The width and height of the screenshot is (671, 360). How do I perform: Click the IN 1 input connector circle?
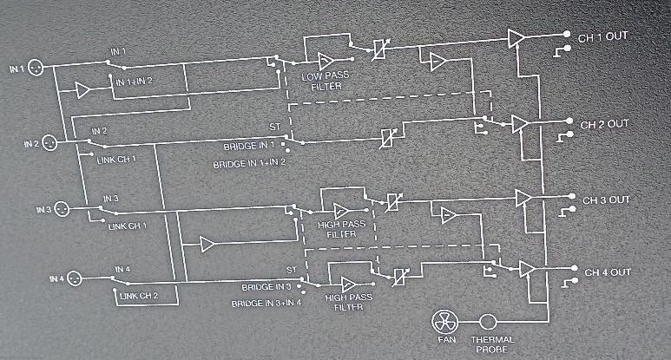[x=36, y=68]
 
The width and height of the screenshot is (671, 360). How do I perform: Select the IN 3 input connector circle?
[x=62, y=209]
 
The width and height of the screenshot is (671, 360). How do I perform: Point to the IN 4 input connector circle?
[x=75, y=278]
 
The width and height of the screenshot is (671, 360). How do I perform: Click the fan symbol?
[x=444, y=323]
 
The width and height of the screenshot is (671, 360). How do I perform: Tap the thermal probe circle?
[x=488, y=322]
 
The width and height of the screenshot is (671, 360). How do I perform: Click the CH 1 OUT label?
[x=602, y=37]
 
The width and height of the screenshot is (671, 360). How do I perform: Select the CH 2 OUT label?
[x=604, y=125]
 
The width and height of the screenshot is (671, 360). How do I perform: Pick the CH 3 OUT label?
[x=606, y=200]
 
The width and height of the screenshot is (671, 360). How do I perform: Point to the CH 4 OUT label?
[x=608, y=272]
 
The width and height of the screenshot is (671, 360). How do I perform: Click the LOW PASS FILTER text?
[x=326, y=82]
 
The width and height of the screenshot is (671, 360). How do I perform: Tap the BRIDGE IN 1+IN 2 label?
[x=249, y=164]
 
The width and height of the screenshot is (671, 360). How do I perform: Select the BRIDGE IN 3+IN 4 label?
[x=266, y=304]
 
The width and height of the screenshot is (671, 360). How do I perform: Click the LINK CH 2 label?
[x=139, y=296]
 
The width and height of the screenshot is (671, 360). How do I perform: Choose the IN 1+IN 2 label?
[x=134, y=82]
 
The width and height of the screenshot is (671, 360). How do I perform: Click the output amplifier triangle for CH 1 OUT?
[x=516, y=38]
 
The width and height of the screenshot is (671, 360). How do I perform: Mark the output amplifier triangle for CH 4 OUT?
[x=527, y=269]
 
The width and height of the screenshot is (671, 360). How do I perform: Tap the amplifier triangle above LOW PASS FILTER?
[x=326, y=61]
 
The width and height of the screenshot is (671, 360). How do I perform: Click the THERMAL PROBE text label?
[x=492, y=344]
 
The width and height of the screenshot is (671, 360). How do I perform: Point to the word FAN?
[x=447, y=340]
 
